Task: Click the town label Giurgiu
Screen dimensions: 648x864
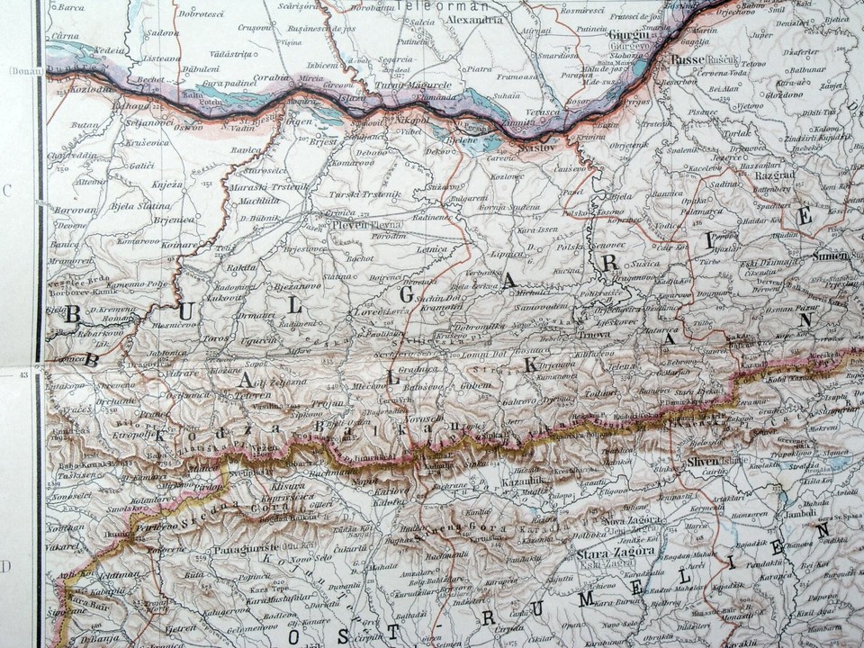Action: [628, 32]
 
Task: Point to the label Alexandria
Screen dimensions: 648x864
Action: [474, 19]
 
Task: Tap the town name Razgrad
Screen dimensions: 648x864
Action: [776, 175]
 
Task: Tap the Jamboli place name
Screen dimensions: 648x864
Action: [799, 513]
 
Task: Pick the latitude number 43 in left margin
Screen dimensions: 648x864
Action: [22, 371]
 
